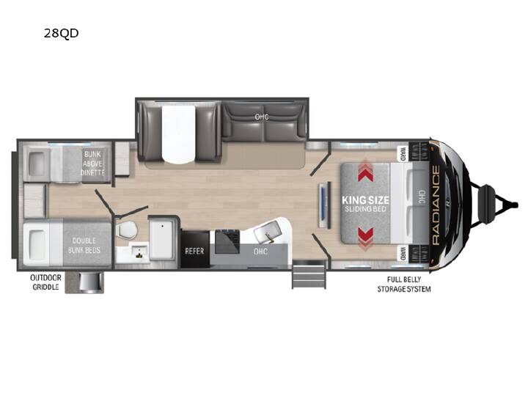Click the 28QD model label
click(61, 33)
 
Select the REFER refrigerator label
click(194, 251)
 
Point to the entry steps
click(309, 274)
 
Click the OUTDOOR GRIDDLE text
click(45, 282)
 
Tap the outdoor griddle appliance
click(89, 282)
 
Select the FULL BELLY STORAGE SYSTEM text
click(404, 285)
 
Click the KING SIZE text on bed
click(365, 200)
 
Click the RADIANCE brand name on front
click(436, 205)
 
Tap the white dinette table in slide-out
click(178, 133)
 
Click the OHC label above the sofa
click(262, 117)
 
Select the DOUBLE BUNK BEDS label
click(84, 246)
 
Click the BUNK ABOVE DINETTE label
click(93, 164)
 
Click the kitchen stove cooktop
click(227, 241)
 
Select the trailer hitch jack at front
click(488, 204)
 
